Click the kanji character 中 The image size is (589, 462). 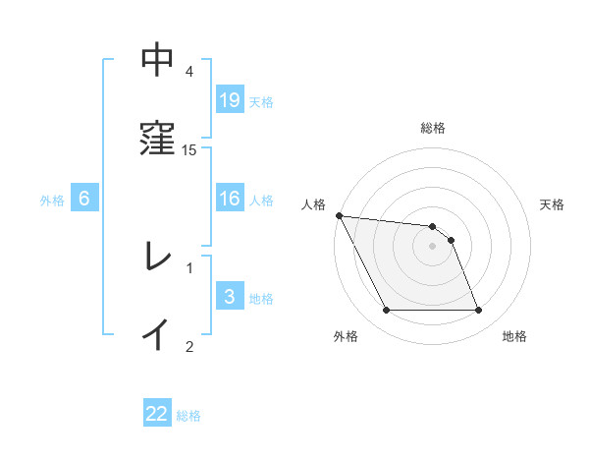coord(157,61)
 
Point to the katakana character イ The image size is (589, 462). coord(157,334)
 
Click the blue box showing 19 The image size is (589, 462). coord(230,99)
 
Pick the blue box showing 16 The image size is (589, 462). coord(230,198)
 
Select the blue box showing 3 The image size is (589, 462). coord(230,296)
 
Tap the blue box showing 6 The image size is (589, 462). coord(84,199)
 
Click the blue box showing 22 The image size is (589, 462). coord(157,414)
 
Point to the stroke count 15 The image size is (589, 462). coord(189,149)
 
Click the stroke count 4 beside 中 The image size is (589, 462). coord(189,72)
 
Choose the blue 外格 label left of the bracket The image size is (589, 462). coord(52,200)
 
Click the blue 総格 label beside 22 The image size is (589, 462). coord(189,415)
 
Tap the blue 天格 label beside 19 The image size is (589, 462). coord(261,100)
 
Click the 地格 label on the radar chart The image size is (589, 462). coord(514,336)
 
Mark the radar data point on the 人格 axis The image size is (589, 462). coord(339,215)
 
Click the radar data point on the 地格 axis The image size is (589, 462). coord(478,311)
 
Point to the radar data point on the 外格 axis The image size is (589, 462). coord(386,311)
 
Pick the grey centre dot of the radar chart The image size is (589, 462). coord(432,246)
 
